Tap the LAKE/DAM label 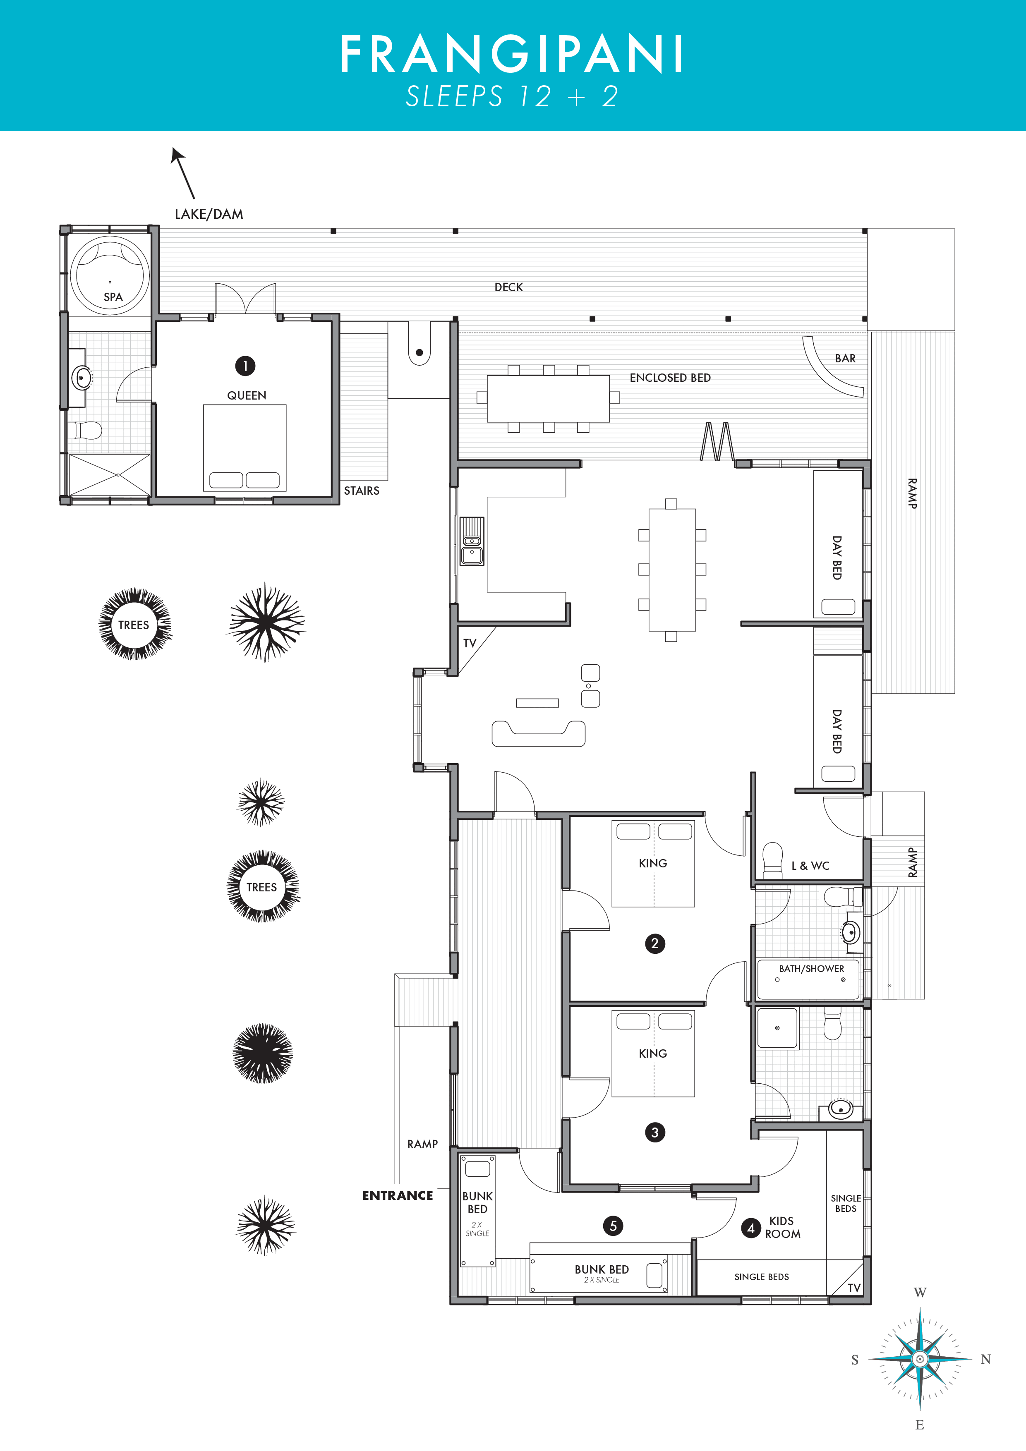pos(209,214)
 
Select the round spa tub pos(110,275)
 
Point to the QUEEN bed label pos(247,395)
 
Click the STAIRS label pos(362,491)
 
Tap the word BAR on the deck pos(845,358)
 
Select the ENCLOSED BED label pos(670,378)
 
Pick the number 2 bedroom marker pos(655,943)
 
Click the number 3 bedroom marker pos(655,1133)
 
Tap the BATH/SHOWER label pos(811,969)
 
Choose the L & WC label pos(810,866)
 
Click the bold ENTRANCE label pos(398,1196)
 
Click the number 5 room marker pos(613,1226)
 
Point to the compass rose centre pos(920,1359)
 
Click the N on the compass pos(985,1359)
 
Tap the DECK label pos(509,287)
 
